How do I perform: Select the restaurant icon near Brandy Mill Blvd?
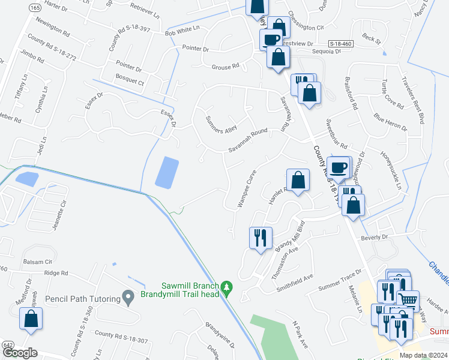point(261,238)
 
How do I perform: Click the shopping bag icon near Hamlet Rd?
point(298,180)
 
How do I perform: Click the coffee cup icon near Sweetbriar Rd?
point(339,167)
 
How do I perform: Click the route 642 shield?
point(7,345)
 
